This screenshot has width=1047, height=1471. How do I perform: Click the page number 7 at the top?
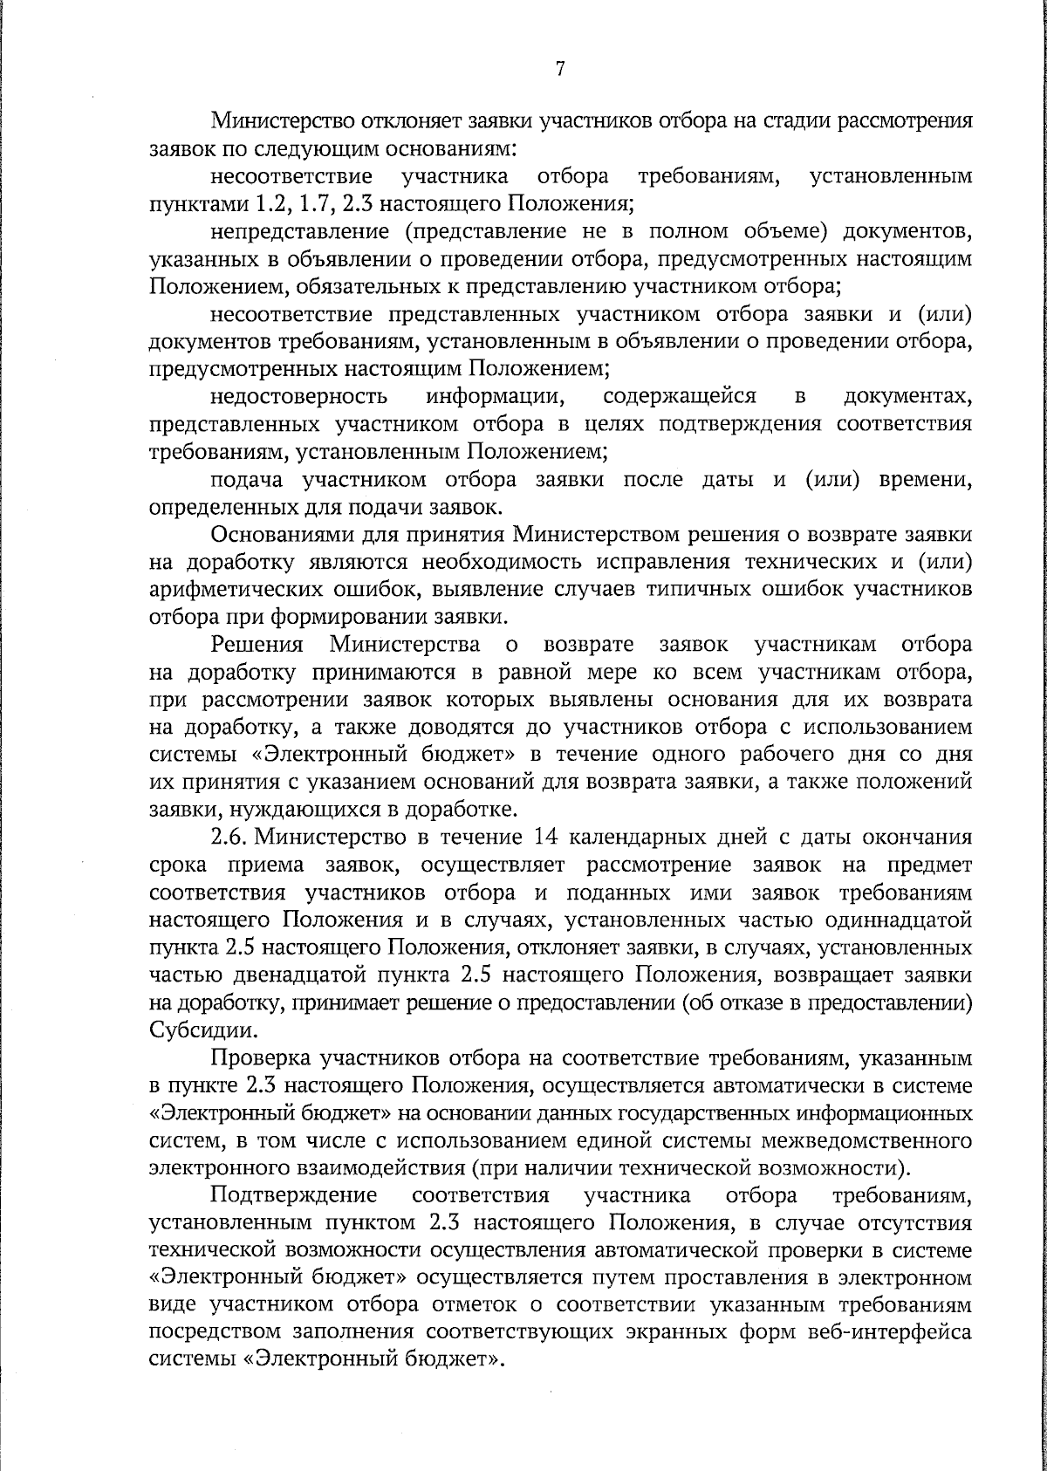click(560, 70)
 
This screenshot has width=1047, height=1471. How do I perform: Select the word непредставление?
click(299, 231)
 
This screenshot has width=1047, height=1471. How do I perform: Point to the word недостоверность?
click(299, 398)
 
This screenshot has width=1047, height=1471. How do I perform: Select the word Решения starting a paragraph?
click(257, 645)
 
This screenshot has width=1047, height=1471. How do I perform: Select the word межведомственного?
click(873, 1141)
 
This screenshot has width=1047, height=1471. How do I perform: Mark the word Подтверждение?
click(294, 1195)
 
